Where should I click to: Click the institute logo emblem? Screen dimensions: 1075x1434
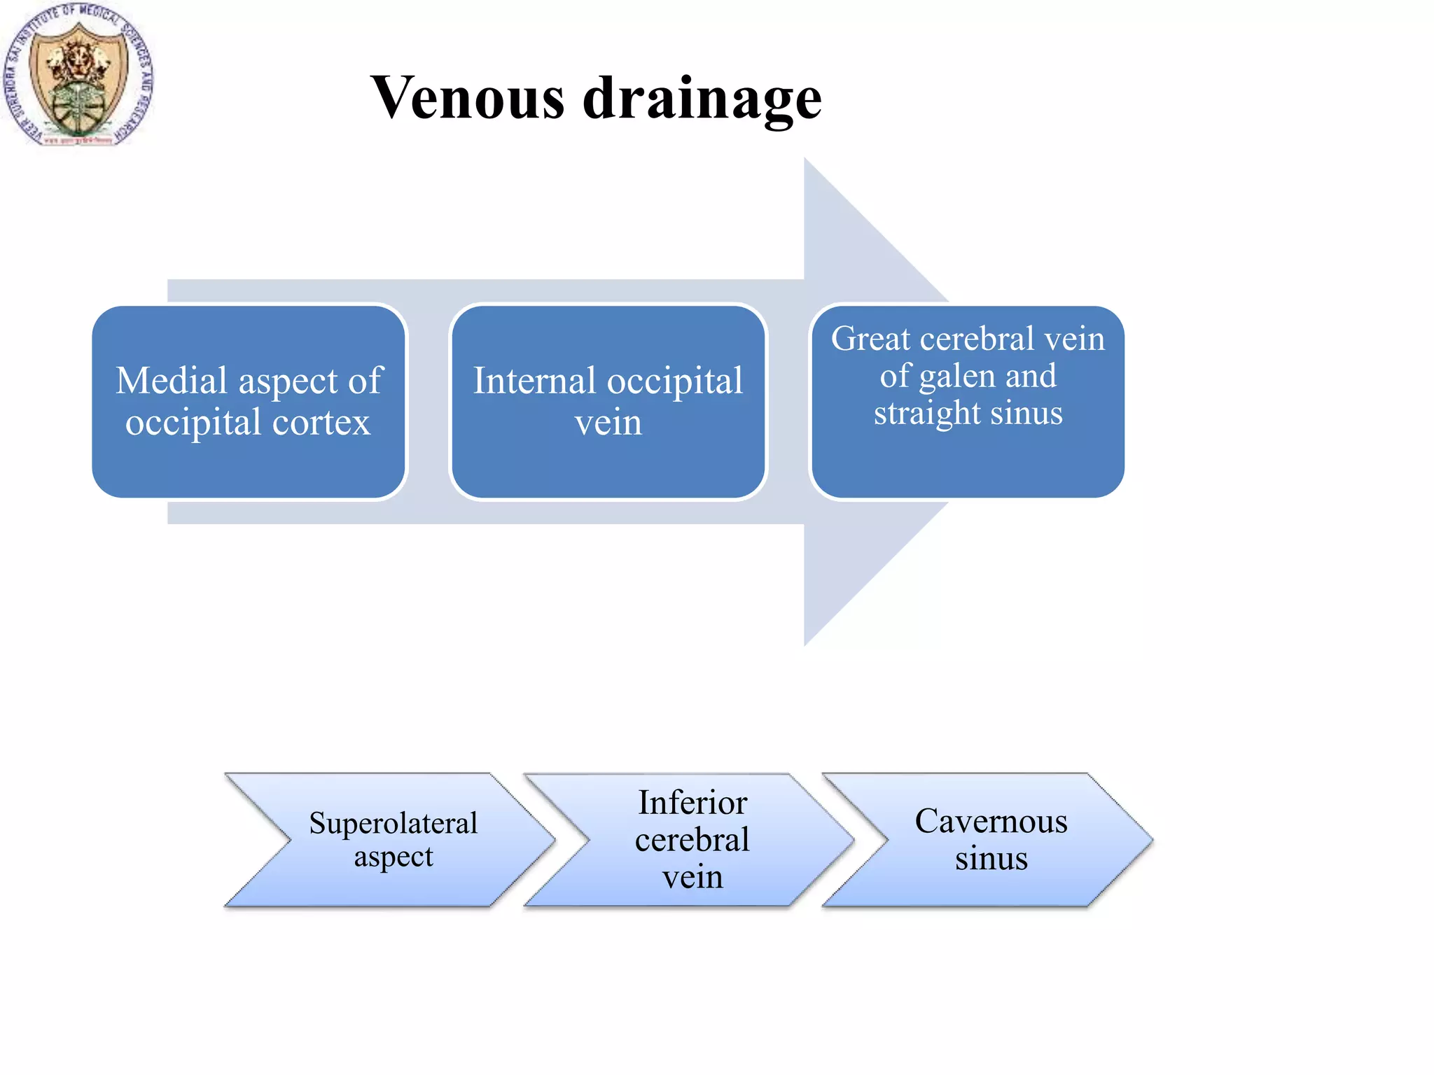coord(78,76)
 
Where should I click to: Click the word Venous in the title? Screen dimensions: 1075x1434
coord(467,98)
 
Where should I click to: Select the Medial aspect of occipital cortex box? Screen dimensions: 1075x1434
coord(249,401)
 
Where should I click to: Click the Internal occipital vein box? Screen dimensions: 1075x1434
coord(608,401)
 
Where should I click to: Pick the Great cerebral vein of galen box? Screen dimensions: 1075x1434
coord(967,401)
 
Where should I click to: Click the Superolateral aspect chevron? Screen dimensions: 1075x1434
coord(392,839)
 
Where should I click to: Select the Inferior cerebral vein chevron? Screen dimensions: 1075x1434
coord(692,839)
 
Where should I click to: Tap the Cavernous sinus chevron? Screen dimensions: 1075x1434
coord(990,839)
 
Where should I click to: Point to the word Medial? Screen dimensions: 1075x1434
coord(172,381)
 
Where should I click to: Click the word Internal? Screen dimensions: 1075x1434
coord(534,381)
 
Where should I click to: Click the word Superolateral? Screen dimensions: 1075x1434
coord(393,823)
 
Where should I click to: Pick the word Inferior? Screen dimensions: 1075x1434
coord(692,803)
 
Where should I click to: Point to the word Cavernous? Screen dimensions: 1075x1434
coord(991,821)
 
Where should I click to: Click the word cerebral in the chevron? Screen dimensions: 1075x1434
coord(692,840)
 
